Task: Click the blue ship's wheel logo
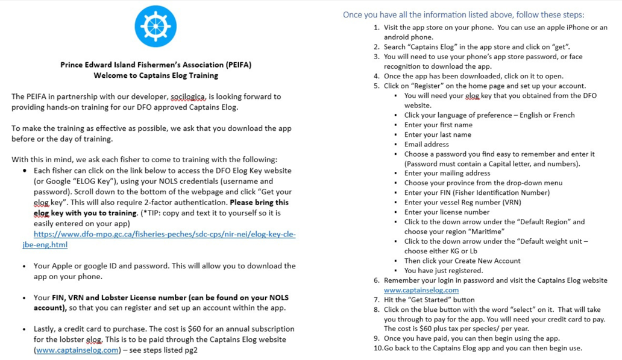coord(155,27)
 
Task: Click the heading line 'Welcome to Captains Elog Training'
coord(155,75)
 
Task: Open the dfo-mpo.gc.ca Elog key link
coord(164,234)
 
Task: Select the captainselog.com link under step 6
coord(421,290)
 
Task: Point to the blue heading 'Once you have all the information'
coord(463,14)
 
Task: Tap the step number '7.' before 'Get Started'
coord(377,300)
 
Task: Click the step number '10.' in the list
coord(378,348)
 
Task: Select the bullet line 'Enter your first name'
coord(438,125)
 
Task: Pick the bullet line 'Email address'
coord(427,144)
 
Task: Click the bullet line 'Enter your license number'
coord(447,212)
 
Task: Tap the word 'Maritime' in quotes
coord(488,232)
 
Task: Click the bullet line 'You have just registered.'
coord(443,270)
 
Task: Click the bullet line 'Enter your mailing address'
coord(447,173)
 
